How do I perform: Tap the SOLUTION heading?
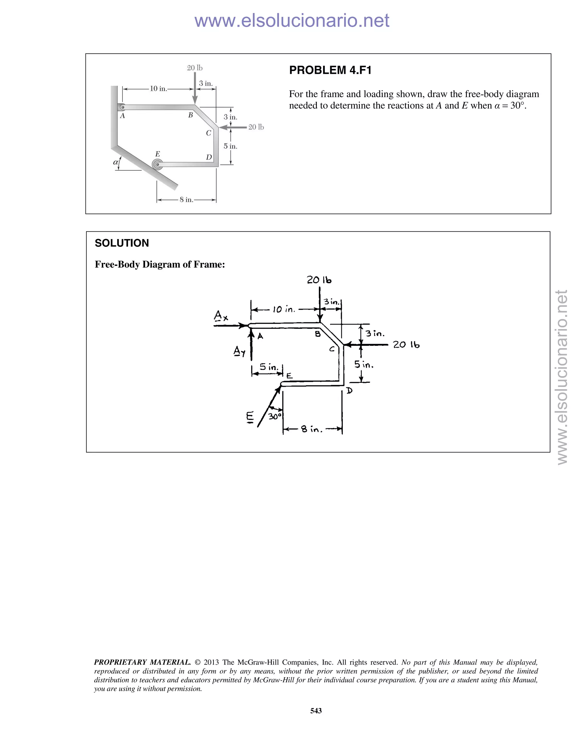122,243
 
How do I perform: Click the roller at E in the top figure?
157,164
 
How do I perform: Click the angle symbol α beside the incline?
115,162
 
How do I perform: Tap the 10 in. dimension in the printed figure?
158,89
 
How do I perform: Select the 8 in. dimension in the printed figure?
186,199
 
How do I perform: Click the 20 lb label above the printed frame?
195,68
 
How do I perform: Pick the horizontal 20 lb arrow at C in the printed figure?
234,127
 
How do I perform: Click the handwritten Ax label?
221,316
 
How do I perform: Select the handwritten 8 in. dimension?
311,429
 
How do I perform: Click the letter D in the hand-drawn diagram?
349,391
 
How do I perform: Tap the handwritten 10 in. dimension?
284,309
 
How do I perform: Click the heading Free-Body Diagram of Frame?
160,264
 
